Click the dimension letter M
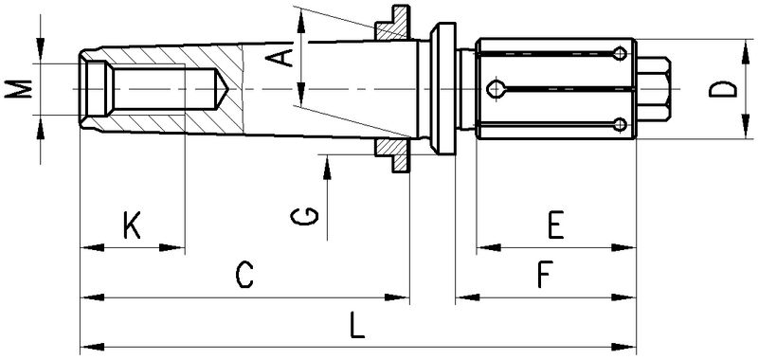tap(18, 89)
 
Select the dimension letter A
tap(280, 58)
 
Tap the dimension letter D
tap(723, 89)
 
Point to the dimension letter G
tap(304, 217)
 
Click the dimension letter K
tap(132, 225)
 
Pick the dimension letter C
tap(244, 275)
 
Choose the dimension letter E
tap(556, 225)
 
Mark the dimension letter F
tap(544, 275)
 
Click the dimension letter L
tap(357, 325)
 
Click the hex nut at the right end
tap(653, 89)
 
